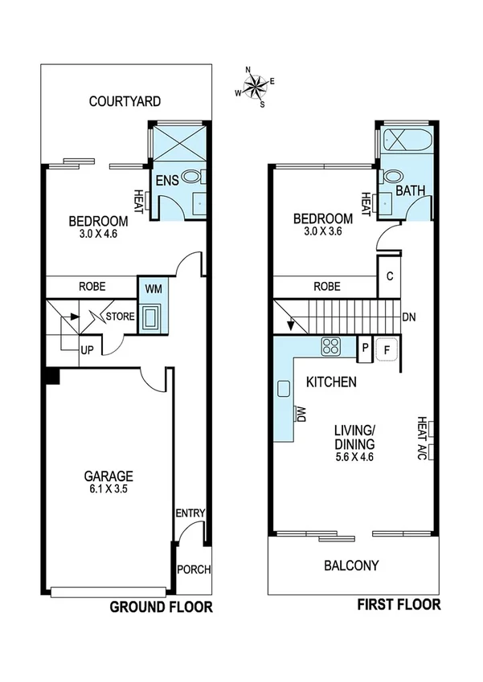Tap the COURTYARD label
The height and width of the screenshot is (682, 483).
tap(125, 101)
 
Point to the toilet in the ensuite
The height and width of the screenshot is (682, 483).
tap(191, 177)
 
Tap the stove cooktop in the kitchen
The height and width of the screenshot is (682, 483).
tap(330, 346)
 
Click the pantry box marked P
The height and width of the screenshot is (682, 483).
tap(365, 348)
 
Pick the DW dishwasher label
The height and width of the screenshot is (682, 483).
tap(301, 413)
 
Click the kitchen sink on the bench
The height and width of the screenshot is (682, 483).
tap(284, 390)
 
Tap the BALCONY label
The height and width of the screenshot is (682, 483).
tap(351, 566)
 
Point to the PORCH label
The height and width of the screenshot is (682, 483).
tap(193, 570)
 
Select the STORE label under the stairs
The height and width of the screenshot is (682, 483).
tap(120, 316)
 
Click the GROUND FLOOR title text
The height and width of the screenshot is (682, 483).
tap(161, 606)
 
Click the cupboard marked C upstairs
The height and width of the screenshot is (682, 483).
tap(389, 276)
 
